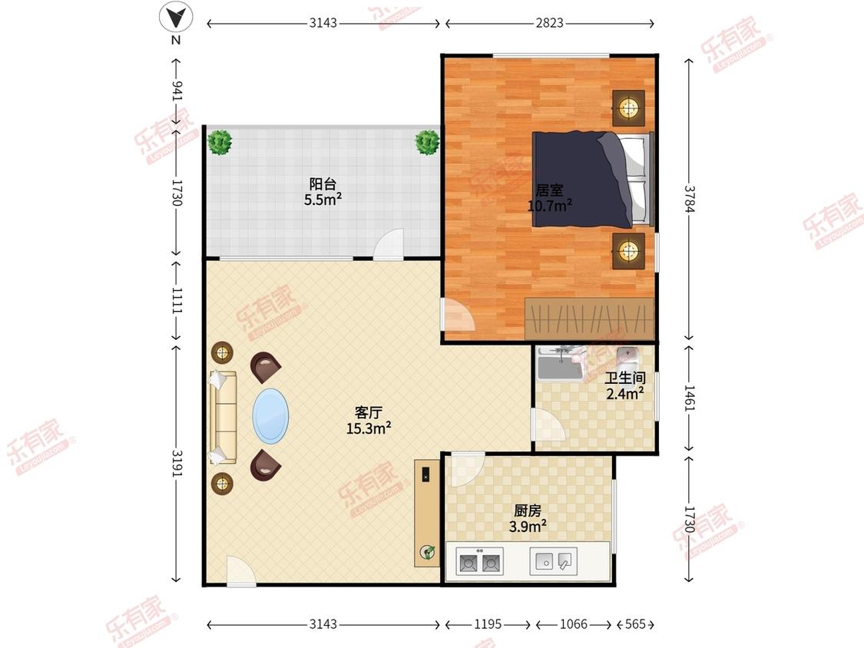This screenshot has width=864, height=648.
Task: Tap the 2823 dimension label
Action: (x=549, y=23)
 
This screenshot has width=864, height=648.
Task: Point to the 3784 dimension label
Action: (x=690, y=198)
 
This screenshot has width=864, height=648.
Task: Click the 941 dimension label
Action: (x=177, y=91)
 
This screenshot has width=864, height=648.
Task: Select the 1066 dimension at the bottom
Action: (x=573, y=623)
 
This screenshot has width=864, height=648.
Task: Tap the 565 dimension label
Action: (x=635, y=623)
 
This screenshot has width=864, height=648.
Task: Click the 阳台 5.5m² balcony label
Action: (x=323, y=191)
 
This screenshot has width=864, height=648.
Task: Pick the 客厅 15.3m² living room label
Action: (x=369, y=420)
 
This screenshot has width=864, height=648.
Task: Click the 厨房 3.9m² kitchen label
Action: (x=528, y=518)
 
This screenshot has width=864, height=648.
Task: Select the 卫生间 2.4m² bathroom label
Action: (x=625, y=385)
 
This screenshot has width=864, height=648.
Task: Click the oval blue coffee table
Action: (x=270, y=416)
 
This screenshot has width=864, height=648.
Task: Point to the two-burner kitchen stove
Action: (x=480, y=562)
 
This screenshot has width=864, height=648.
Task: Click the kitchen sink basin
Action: (x=553, y=561)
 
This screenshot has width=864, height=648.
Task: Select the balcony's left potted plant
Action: (x=220, y=142)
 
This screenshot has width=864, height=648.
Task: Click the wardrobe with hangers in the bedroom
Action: (x=589, y=319)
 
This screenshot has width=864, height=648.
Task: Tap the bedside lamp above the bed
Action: (x=628, y=107)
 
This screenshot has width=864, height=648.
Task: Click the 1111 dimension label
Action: (x=177, y=301)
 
